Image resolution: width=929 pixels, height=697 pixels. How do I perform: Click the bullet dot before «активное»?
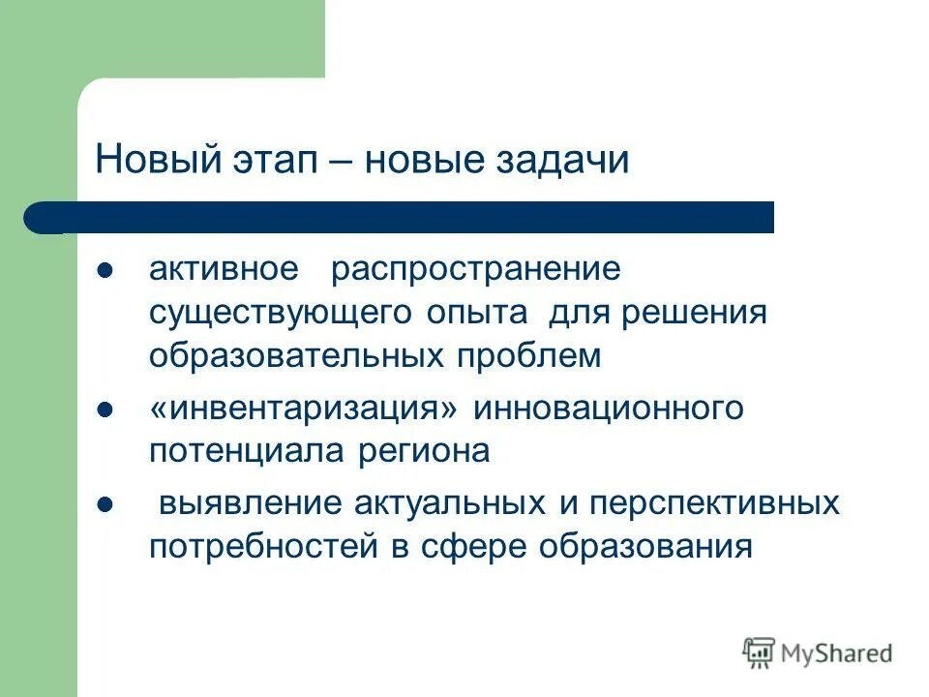[x=106, y=269]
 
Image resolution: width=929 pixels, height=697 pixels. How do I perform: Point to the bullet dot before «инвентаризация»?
[x=106, y=409]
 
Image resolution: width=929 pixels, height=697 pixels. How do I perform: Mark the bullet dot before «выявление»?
[x=106, y=503]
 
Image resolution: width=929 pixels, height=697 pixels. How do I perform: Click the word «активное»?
[x=224, y=269]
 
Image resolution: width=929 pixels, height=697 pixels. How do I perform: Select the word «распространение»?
[x=475, y=269]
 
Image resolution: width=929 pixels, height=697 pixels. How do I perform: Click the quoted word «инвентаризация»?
[x=303, y=409]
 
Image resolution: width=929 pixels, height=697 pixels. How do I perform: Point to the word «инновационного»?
[x=608, y=409]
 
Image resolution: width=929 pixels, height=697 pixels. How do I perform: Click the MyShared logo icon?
[x=758, y=652]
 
